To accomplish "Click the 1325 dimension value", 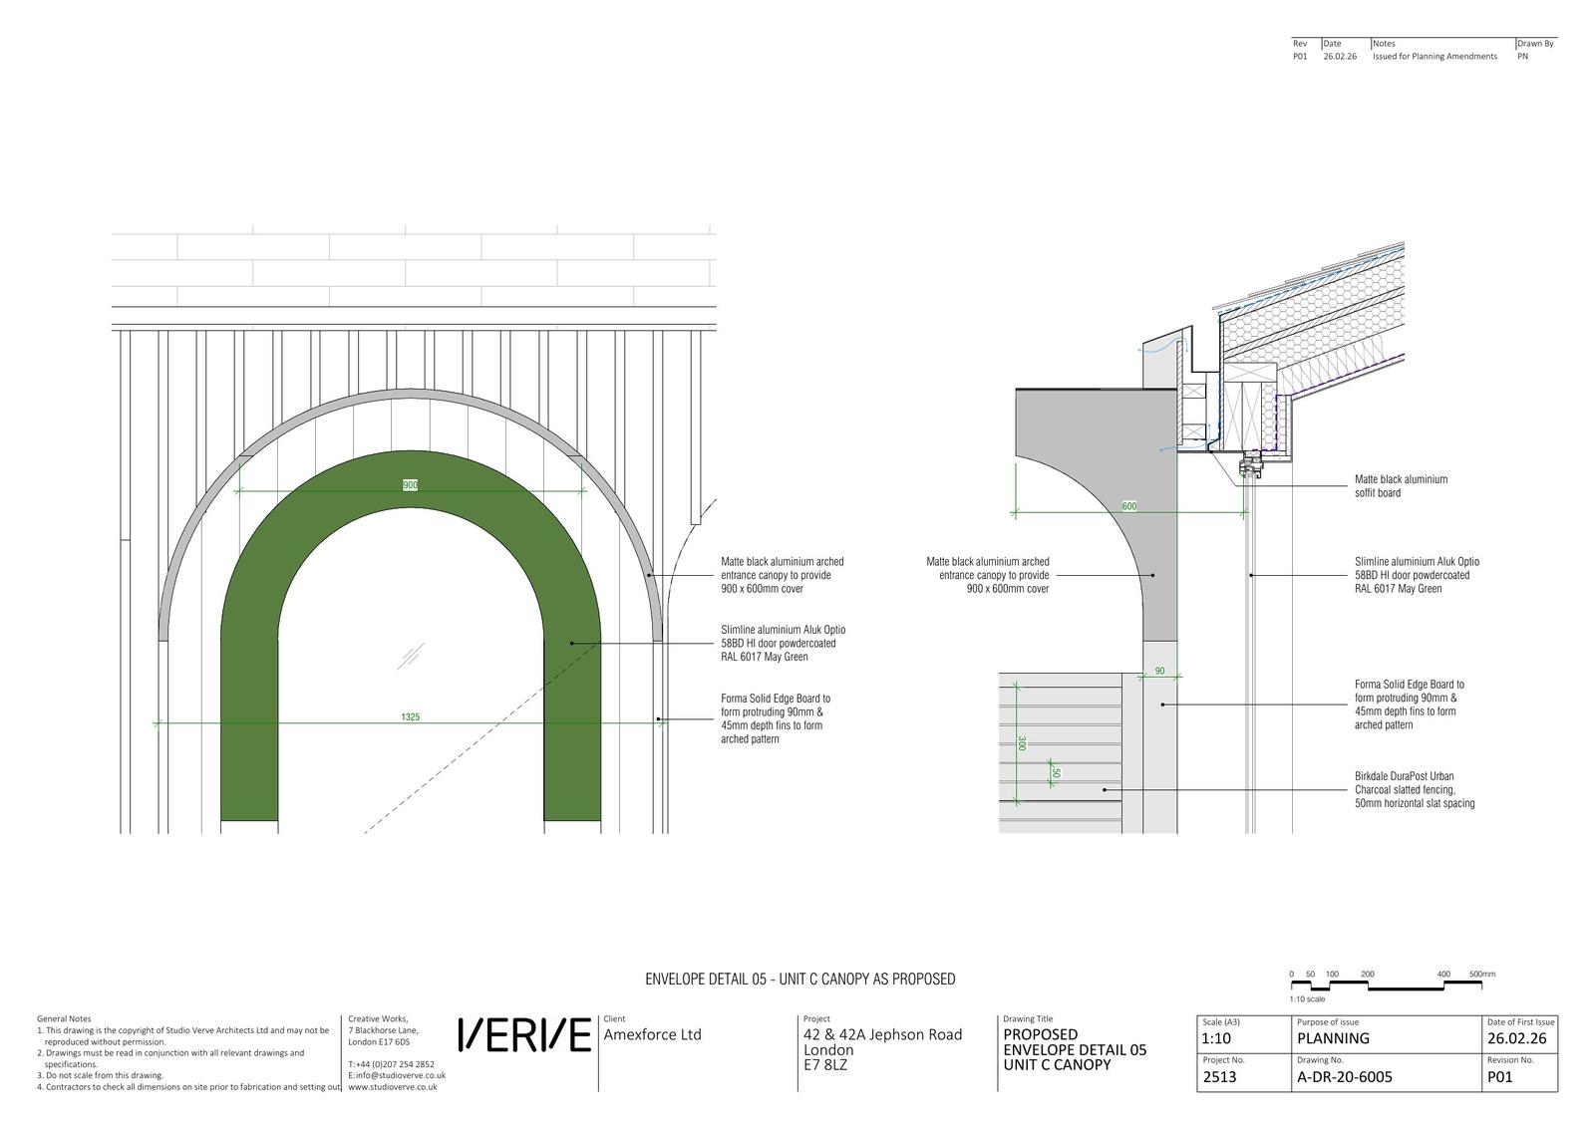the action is [410, 716].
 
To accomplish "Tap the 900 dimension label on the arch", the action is [410, 484].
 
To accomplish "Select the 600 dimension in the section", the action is [1129, 506].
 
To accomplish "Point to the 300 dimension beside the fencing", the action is [1022, 743].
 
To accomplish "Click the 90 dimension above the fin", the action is [1160, 671].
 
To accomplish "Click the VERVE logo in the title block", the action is [524, 1034].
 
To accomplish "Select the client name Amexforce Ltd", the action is [652, 1034].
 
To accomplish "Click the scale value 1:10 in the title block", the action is [1216, 1038].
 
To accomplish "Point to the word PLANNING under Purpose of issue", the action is [1333, 1038].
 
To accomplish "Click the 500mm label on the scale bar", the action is [1482, 974].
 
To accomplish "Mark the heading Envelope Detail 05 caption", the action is [800, 979].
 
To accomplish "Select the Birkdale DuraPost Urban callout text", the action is [1415, 789].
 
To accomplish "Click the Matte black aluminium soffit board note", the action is [1401, 486].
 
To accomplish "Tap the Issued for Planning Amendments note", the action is [1435, 56].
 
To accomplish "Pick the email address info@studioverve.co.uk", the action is [397, 1075].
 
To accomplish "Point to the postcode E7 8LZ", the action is [825, 1065].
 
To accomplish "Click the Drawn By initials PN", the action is [1522, 56].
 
